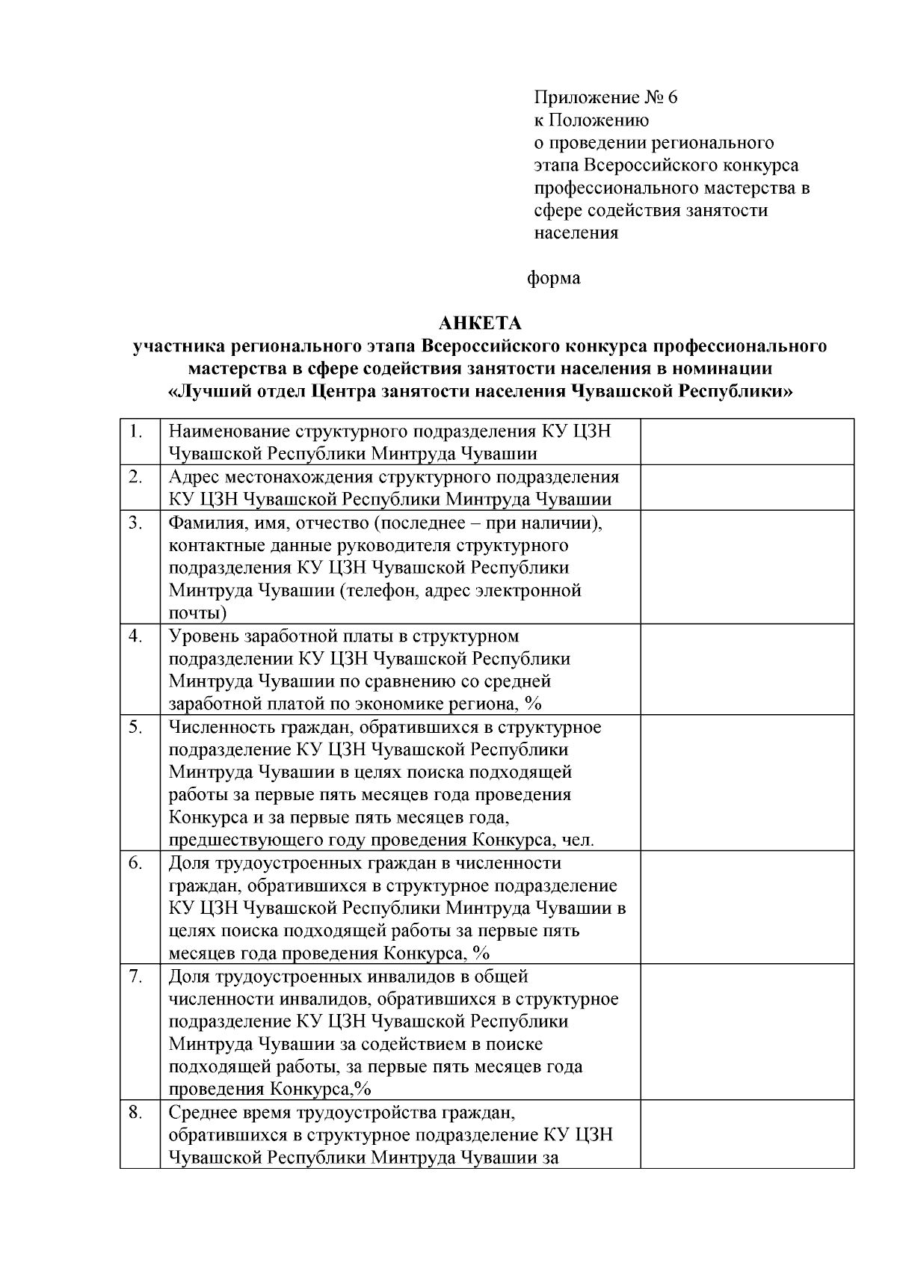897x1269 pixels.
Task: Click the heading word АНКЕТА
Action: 479,324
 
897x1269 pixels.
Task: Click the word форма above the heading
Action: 554,278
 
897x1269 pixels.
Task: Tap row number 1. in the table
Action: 135,431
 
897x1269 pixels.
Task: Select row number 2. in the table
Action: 135,477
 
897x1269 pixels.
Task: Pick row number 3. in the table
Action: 135,523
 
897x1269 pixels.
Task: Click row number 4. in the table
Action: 135,636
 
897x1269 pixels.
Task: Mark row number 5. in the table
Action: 135,727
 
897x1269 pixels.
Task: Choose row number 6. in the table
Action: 135,863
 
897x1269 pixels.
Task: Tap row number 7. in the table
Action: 135,977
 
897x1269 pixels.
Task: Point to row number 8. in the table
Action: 135,1113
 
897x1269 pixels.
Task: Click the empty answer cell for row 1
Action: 747,442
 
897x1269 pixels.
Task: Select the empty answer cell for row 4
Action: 747,669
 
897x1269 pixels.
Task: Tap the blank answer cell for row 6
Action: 747,907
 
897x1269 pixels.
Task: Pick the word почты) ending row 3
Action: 198,614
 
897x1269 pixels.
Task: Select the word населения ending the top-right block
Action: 576,233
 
